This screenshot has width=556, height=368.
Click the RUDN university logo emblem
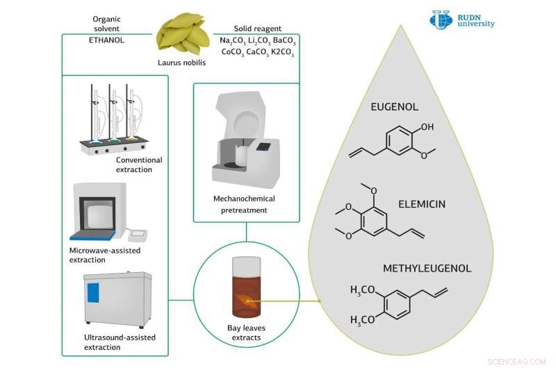click(441, 19)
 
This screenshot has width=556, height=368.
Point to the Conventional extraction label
click(139, 165)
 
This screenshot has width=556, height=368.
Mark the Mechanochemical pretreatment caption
click(245, 203)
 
